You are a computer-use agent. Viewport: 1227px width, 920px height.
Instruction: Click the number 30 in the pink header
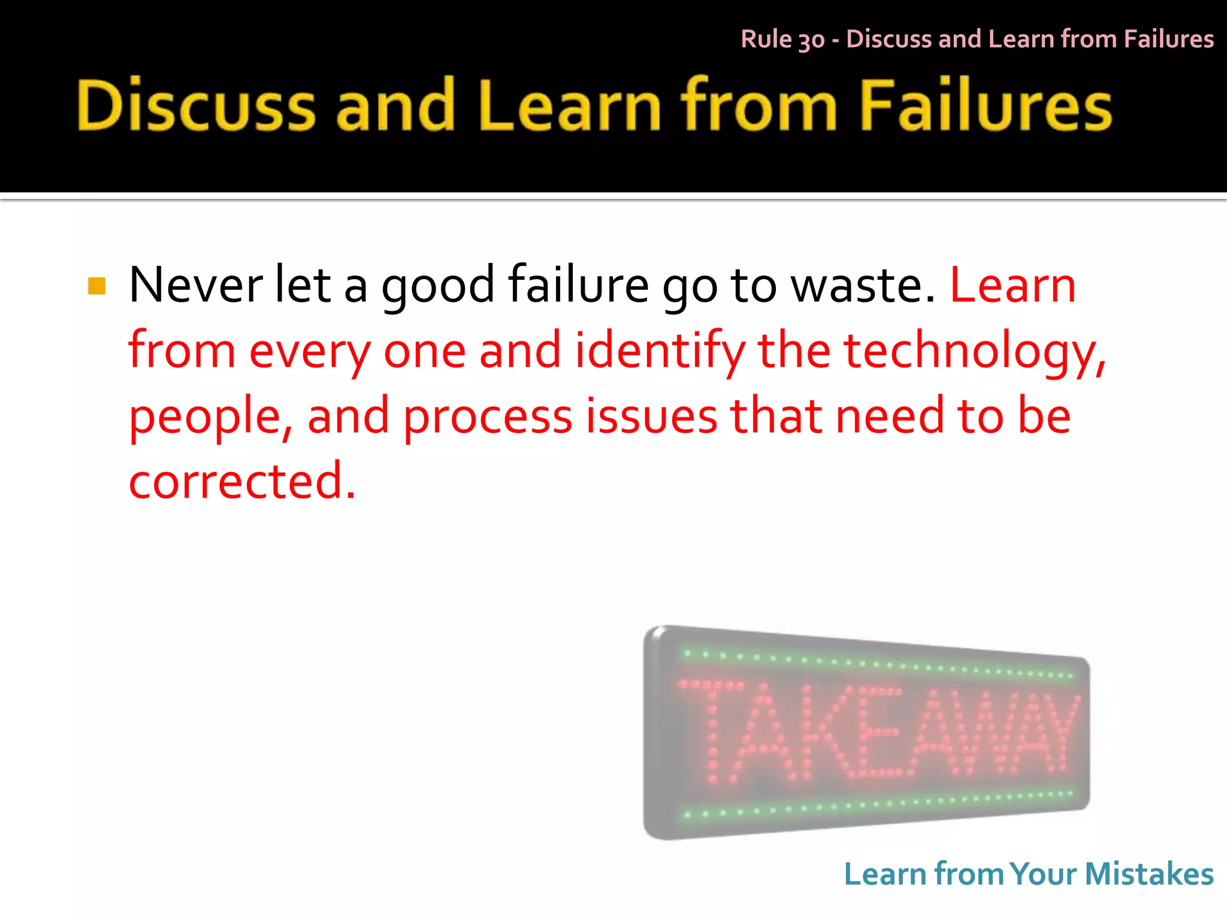(811, 40)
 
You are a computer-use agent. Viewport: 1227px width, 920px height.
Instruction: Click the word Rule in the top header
(766, 39)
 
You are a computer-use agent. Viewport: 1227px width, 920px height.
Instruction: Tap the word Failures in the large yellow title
(986, 105)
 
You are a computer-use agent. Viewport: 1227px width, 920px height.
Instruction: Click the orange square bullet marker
(96, 286)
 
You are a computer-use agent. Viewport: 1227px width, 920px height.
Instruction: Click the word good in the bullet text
(438, 286)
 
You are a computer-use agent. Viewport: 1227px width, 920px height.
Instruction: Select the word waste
(863, 286)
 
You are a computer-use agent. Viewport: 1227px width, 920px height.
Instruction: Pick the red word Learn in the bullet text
(1013, 286)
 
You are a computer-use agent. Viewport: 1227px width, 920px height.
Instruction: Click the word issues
(651, 416)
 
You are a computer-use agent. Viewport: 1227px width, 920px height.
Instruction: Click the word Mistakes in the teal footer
(1149, 874)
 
